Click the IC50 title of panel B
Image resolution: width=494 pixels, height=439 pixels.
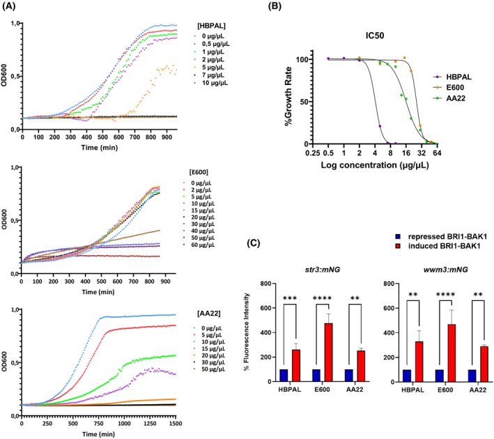(x=375, y=36)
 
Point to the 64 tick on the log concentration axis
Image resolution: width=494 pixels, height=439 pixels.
(x=437, y=153)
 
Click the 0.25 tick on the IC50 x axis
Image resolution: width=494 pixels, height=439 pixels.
(x=313, y=153)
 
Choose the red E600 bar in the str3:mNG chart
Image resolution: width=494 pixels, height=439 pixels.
(x=328, y=352)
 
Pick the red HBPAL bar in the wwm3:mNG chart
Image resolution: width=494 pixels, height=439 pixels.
(x=419, y=361)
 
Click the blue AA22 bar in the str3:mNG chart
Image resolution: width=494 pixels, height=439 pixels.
(x=349, y=376)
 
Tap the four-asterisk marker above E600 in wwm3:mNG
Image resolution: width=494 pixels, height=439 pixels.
(x=445, y=295)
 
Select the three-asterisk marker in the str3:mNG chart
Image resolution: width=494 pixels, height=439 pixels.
(x=290, y=298)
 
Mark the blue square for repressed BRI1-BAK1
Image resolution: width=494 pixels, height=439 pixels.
(x=398, y=236)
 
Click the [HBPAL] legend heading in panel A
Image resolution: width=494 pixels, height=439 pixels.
(x=211, y=26)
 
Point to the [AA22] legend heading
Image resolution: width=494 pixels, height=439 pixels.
(x=208, y=314)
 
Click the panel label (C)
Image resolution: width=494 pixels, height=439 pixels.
(x=254, y=243)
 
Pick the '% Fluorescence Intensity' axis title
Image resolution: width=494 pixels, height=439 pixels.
(x=247, y=332)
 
